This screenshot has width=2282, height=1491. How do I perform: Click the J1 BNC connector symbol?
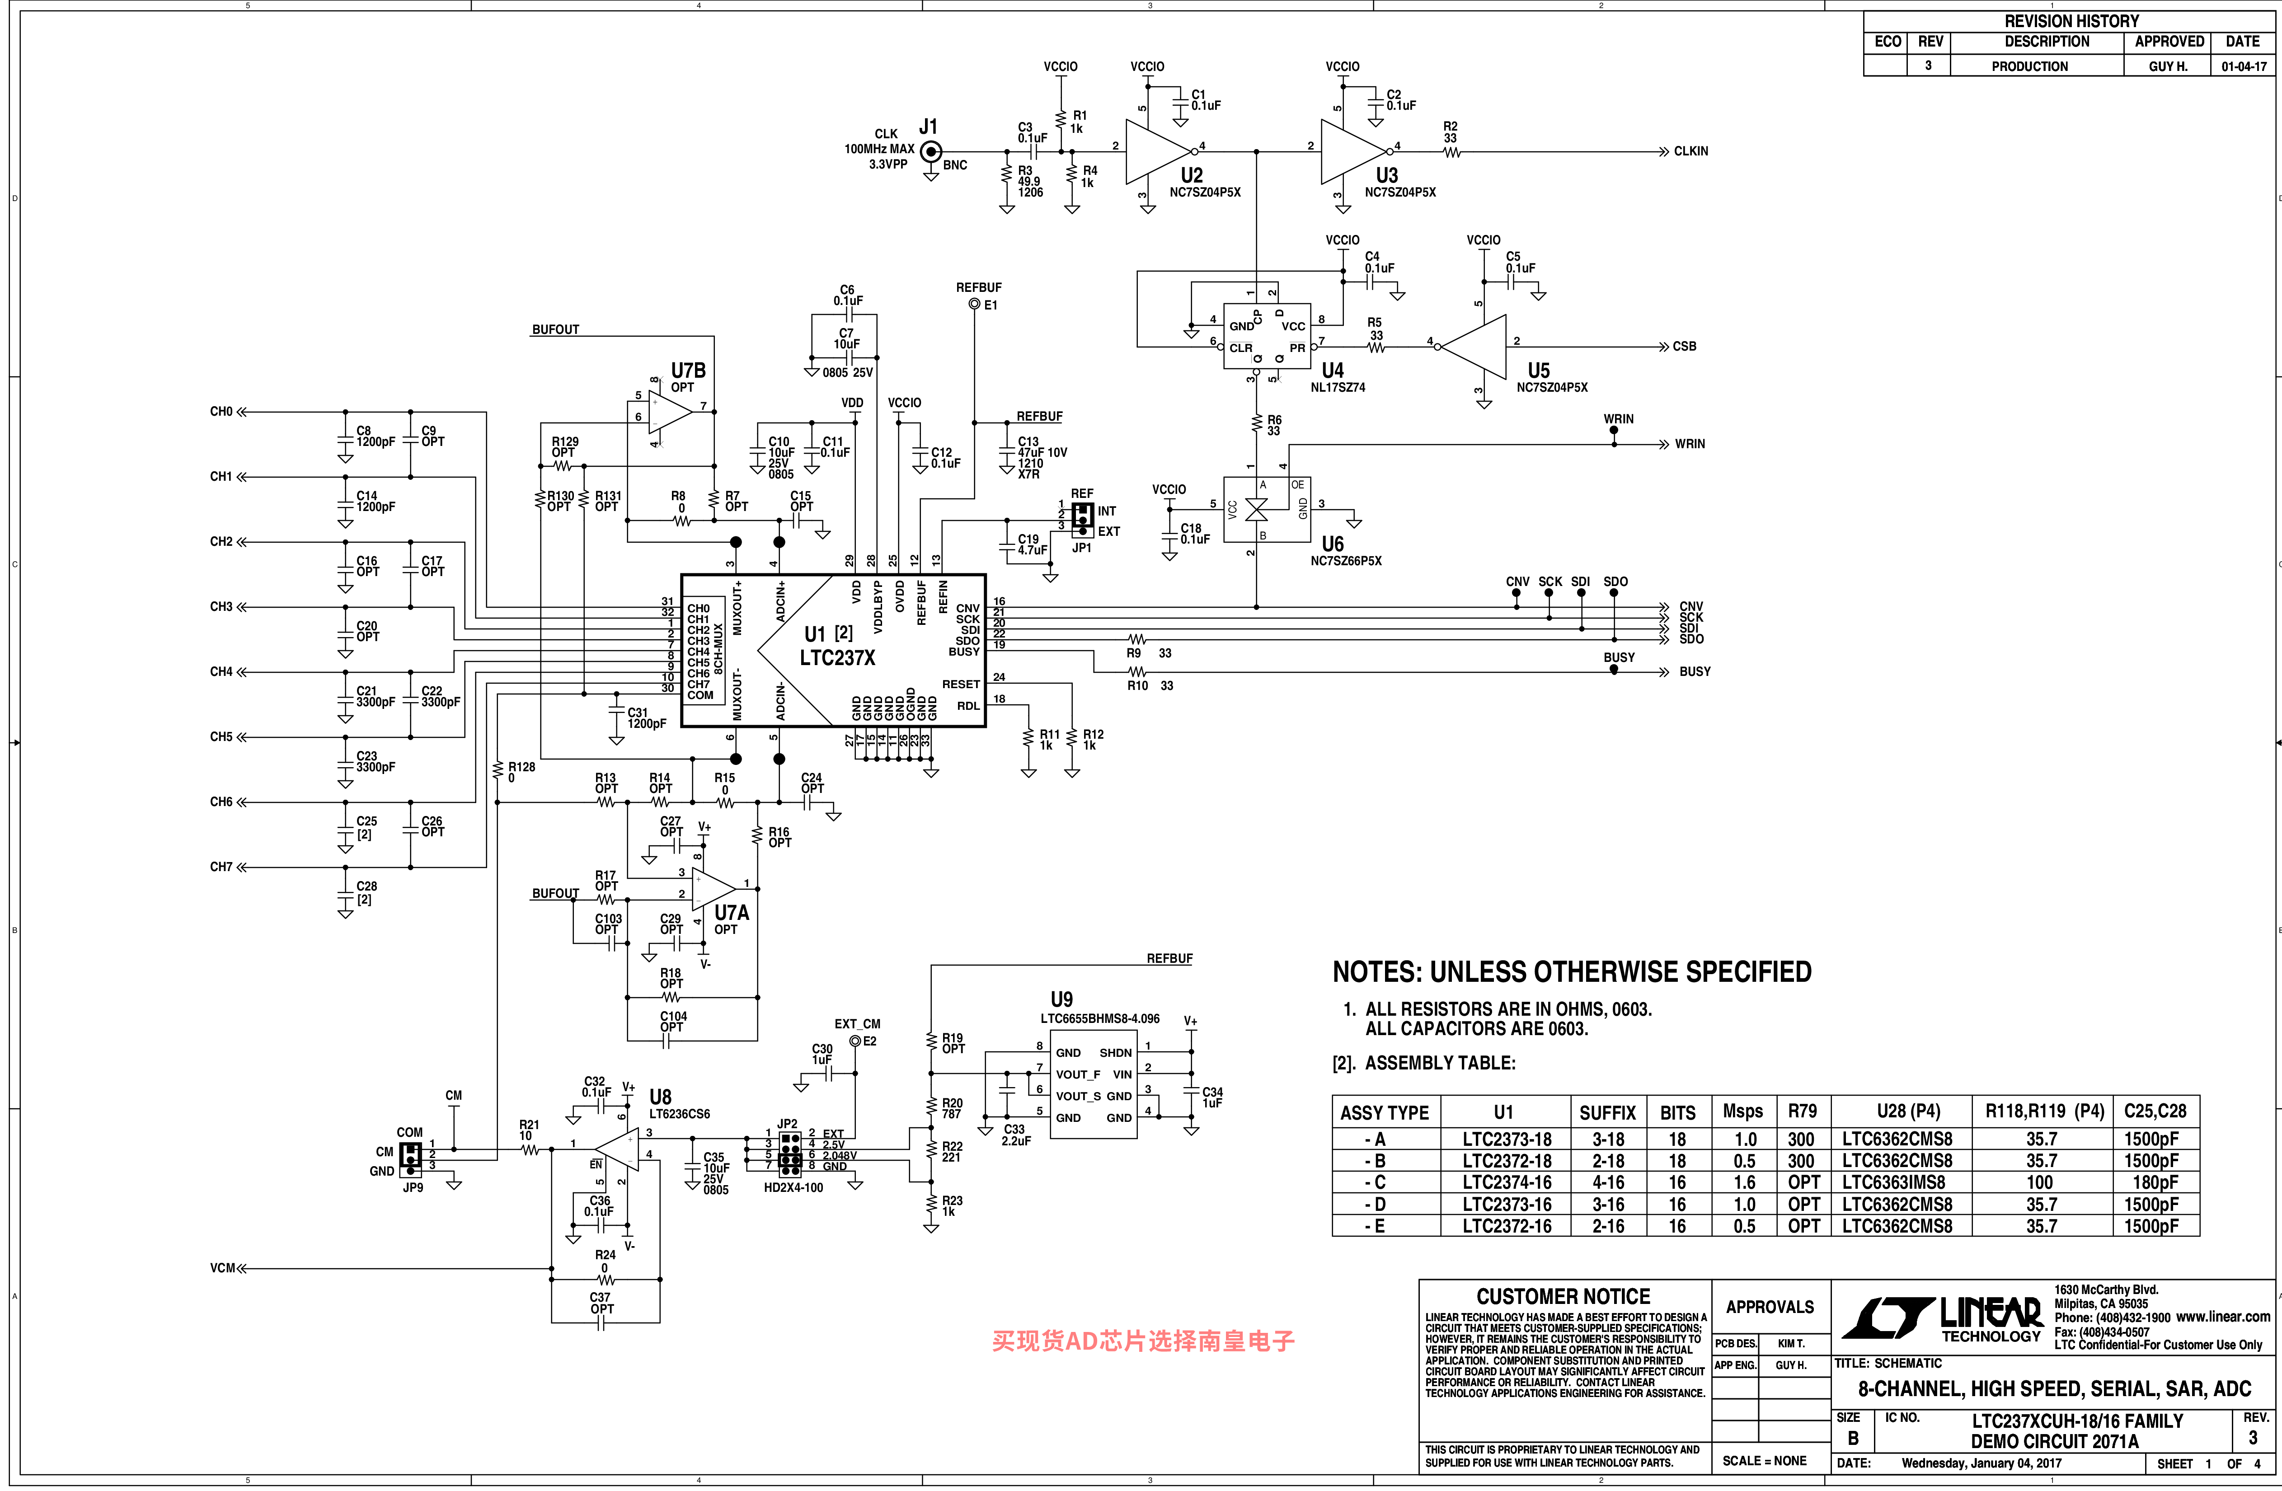929,151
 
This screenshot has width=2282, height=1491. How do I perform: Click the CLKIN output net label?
1690,151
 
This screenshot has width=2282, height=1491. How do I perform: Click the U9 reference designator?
1061,999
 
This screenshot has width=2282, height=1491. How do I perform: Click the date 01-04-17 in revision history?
2244,66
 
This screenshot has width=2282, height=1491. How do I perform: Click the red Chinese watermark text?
1143,1341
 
